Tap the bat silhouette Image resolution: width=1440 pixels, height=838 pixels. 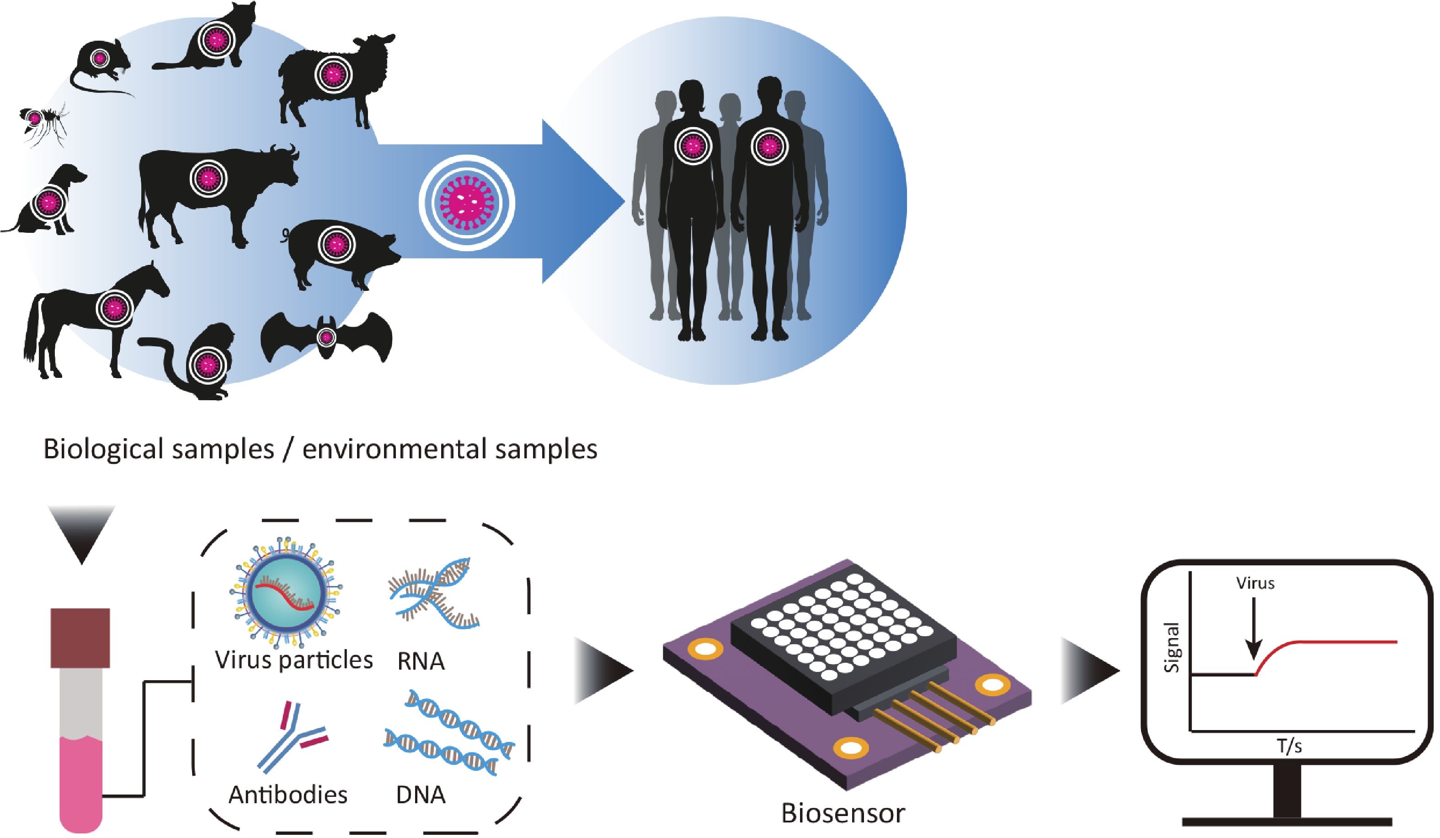[x=325, y=337]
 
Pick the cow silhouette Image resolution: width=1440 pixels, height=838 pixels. [x=211, y=188]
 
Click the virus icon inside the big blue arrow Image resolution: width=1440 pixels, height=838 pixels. [x=466, y=203]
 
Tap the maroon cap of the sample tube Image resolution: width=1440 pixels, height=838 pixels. [x=80, y=637]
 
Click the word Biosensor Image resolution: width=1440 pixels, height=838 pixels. [x=843, y=813]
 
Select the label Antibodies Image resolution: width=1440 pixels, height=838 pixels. [x=288, y=795]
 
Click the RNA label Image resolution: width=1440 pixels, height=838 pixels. [x=421, y=661]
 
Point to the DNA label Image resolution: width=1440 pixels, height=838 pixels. [x=421, y=795]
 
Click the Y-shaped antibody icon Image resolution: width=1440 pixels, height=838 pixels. [x=292, y=737]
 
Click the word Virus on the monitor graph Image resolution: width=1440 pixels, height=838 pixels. [x=1255, y=584]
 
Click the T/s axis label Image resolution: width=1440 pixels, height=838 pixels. [x=1289, y=746]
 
